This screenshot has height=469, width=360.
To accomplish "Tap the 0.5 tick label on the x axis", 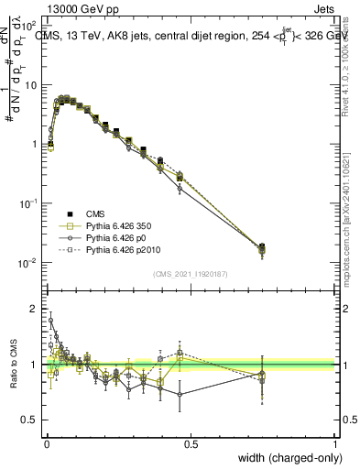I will tap(191, 442).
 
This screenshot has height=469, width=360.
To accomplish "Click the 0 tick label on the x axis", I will tap(46, 442).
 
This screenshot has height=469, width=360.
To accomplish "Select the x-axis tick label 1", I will tap(335, 442).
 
